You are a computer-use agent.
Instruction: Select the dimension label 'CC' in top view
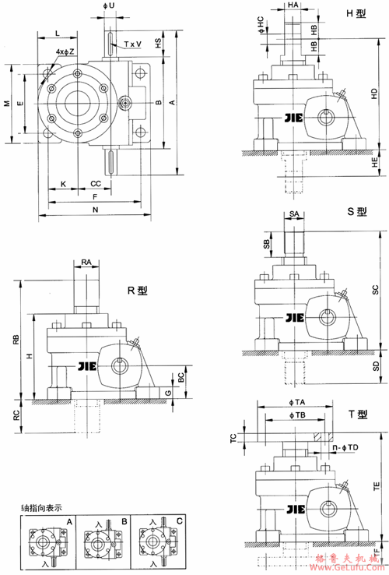(95, 184)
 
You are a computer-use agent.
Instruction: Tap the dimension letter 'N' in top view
(95, 211)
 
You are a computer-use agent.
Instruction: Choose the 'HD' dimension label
(374, 93)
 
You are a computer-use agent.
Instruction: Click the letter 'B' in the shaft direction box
(124, 520)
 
